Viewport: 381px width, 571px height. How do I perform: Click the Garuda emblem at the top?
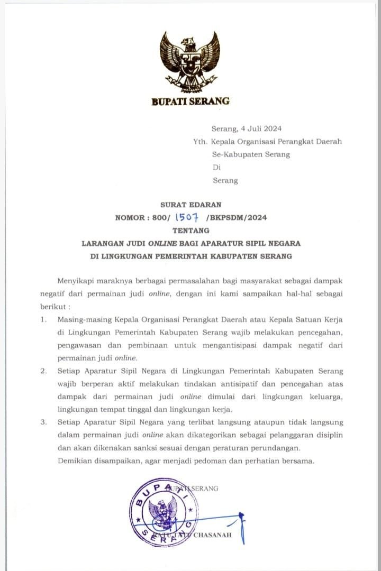[x=190, y=61]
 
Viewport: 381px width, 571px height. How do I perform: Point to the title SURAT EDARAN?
[x=191, y=204]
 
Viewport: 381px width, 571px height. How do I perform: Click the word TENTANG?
[x=190, y=231]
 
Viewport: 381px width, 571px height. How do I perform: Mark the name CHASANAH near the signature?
[x=213, y=536]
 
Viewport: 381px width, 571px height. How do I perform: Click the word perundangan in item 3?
[x=294, y=447]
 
